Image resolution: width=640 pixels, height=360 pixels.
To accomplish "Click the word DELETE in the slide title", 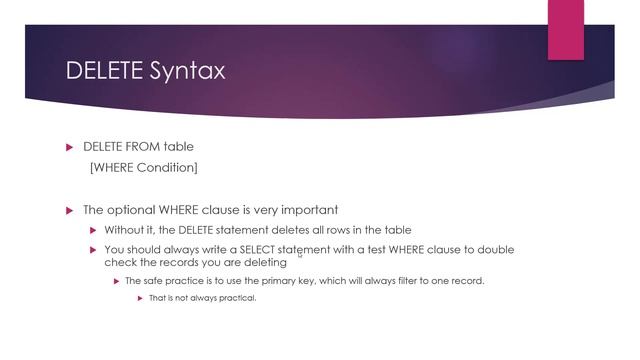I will (100, 71).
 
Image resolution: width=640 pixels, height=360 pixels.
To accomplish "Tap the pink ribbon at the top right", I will (565, 27).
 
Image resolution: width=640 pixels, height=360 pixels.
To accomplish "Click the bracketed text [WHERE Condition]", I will (144, 167).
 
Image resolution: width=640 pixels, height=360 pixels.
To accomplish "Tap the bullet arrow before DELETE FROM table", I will (70, 147).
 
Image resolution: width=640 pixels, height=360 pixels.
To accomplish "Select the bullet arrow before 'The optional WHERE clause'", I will (70, 210).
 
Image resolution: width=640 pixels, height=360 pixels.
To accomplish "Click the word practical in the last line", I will (236, 298).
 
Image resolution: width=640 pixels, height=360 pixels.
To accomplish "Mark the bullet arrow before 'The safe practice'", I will (116, 281).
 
